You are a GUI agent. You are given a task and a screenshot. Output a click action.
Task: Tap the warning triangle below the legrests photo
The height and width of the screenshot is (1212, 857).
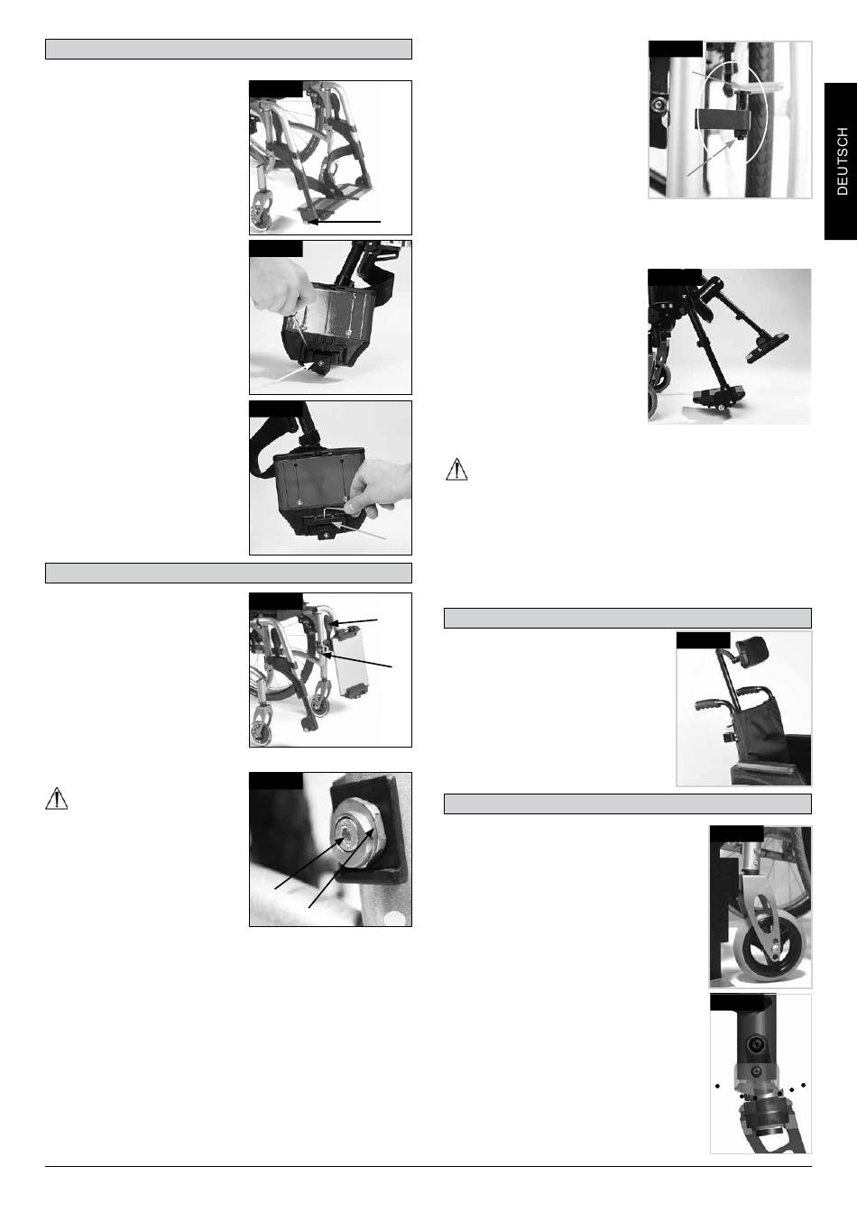[456, 469]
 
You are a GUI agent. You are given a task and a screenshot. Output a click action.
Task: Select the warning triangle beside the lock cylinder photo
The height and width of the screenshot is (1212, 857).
[56, 799]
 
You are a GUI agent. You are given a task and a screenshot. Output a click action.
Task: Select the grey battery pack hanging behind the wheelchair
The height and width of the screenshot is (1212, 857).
[350, 664]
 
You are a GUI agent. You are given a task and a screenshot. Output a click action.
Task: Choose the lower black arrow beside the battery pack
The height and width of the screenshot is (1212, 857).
[357, 661]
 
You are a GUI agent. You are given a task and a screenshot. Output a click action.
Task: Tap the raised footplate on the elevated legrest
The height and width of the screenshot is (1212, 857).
[767, 345]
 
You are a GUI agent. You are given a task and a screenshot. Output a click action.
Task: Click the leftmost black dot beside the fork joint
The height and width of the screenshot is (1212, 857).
[717, 1086]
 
